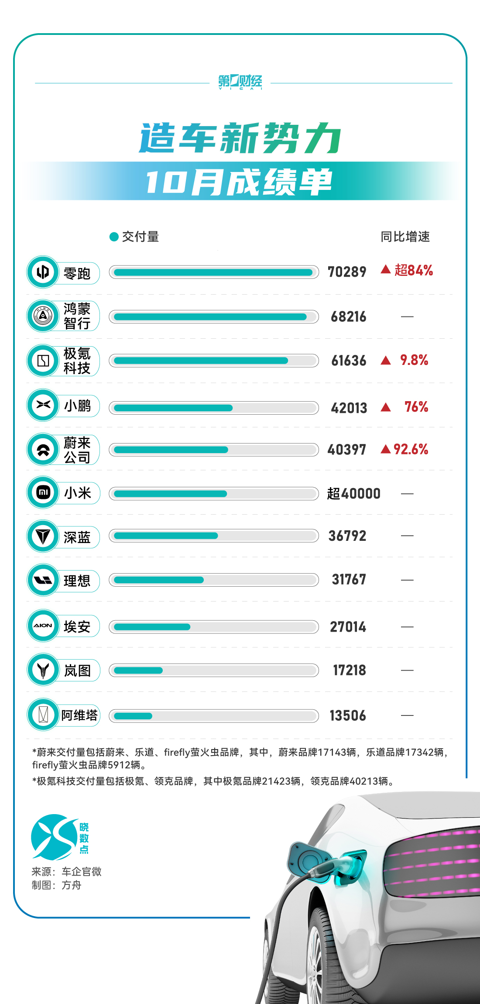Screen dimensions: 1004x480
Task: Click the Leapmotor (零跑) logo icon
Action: (43, 272)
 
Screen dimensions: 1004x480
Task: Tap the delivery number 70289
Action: (347, 272)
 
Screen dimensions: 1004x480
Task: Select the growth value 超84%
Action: (413, 271)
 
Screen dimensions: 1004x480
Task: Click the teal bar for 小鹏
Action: (173, 408)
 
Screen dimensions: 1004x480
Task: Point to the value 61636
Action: (349, 361)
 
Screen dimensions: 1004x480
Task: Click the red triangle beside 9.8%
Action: (386, 360)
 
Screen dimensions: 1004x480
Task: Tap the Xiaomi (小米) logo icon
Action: (43, 493)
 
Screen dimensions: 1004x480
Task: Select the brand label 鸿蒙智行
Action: (77, 316)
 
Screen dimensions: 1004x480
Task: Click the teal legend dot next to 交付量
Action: (114, 237)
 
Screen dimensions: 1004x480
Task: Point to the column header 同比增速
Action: (405, 237)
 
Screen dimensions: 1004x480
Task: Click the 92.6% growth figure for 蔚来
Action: (411, 449)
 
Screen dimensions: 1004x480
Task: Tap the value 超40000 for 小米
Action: (353, 494)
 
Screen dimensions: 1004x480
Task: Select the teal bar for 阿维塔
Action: (133, 716)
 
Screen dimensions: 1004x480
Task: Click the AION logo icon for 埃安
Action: (43, 626)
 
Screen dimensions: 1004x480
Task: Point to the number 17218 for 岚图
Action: (349, 670)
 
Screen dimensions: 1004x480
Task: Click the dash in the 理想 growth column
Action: (407, 580)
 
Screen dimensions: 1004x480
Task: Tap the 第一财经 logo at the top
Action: (240, 82)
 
